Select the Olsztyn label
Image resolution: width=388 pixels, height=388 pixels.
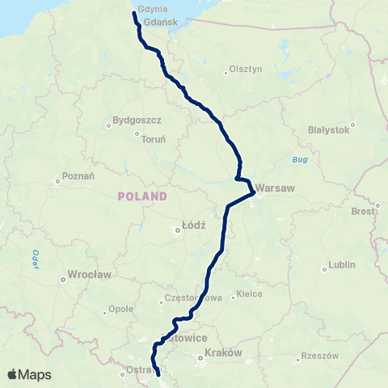247,70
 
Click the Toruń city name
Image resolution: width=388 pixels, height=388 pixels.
154,139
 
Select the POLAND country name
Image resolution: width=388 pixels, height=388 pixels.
142,196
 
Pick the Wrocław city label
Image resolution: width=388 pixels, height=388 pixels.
90,275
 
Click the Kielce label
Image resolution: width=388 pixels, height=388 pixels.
249,294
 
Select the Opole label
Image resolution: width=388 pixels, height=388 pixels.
120,309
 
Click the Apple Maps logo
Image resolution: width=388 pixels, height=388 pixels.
28,374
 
